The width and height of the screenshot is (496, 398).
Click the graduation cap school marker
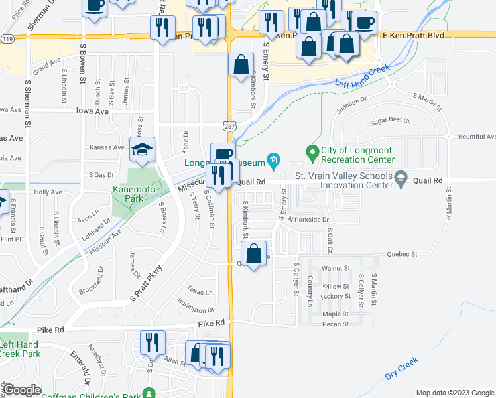[x=143, y=151]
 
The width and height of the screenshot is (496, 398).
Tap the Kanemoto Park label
[x=137, y=190]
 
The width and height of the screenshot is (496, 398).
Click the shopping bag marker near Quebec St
[x=253, y=253]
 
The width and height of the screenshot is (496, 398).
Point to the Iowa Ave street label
[x=92, y=112]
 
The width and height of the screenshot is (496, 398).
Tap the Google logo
[x=22, y=390]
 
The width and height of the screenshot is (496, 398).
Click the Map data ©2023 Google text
[x=454, y=393]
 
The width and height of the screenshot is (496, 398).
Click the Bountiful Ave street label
[x=477, y=137]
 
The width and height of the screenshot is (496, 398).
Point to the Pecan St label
[x=336, y=324]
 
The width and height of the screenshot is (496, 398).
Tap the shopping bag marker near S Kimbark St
[x=241, y=65]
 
